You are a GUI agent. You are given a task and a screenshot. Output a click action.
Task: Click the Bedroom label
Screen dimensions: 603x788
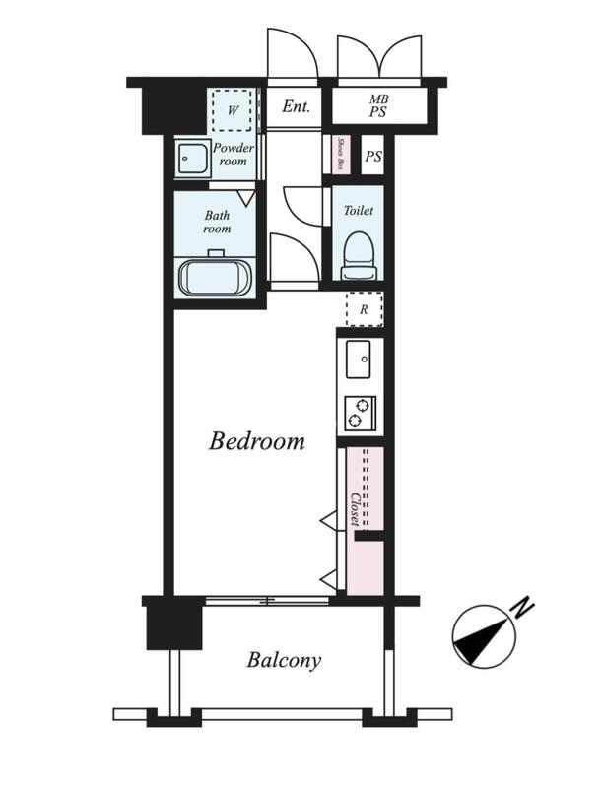(x=257, y=441)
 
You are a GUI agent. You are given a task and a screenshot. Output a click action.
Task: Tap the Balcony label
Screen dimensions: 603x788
(x=284, y=660)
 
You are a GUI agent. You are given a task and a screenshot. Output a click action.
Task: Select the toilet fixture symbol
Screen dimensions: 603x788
(x=359, y=256)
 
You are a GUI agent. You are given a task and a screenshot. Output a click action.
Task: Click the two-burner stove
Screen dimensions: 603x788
(x=361, y=413)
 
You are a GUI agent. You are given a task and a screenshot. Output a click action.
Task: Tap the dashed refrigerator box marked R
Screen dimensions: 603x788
(x=365, y=309)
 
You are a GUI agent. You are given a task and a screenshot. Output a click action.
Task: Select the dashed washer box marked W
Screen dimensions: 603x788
(x=232, y=110)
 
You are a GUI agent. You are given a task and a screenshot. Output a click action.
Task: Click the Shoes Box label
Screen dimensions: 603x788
(x=341, y=154)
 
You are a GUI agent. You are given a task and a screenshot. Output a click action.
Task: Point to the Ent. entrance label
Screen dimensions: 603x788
(x=296, y=106)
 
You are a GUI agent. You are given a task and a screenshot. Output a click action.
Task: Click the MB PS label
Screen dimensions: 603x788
(x=378, y=106)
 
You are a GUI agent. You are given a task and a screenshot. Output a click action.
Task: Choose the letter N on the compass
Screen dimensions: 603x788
(x=522, y=607)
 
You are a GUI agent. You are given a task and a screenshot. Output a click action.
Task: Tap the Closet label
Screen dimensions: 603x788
(x=355, y=509)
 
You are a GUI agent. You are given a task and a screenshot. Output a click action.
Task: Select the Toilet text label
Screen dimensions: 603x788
(x=359, y=210)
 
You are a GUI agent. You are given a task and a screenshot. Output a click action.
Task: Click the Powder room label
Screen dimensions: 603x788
(x=234, y=155)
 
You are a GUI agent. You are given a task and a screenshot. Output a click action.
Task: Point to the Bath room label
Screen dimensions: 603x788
(x=217, y=222)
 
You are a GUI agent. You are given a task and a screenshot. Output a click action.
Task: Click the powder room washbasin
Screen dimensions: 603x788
(x=191, y=158)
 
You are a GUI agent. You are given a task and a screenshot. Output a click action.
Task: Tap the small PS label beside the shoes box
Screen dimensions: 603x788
(x=372, y=157)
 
